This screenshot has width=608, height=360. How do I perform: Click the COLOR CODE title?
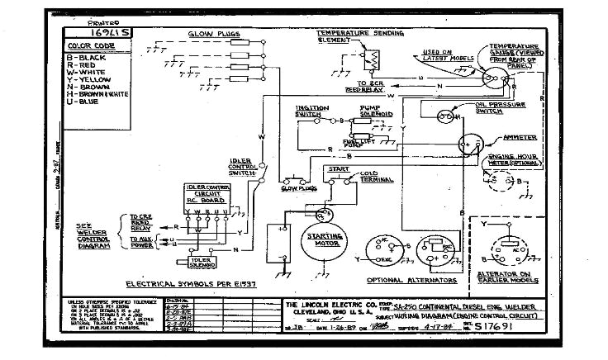(91, 45)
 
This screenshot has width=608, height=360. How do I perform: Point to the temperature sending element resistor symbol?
(373, 59)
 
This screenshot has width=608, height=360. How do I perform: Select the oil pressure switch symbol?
(453, 117)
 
